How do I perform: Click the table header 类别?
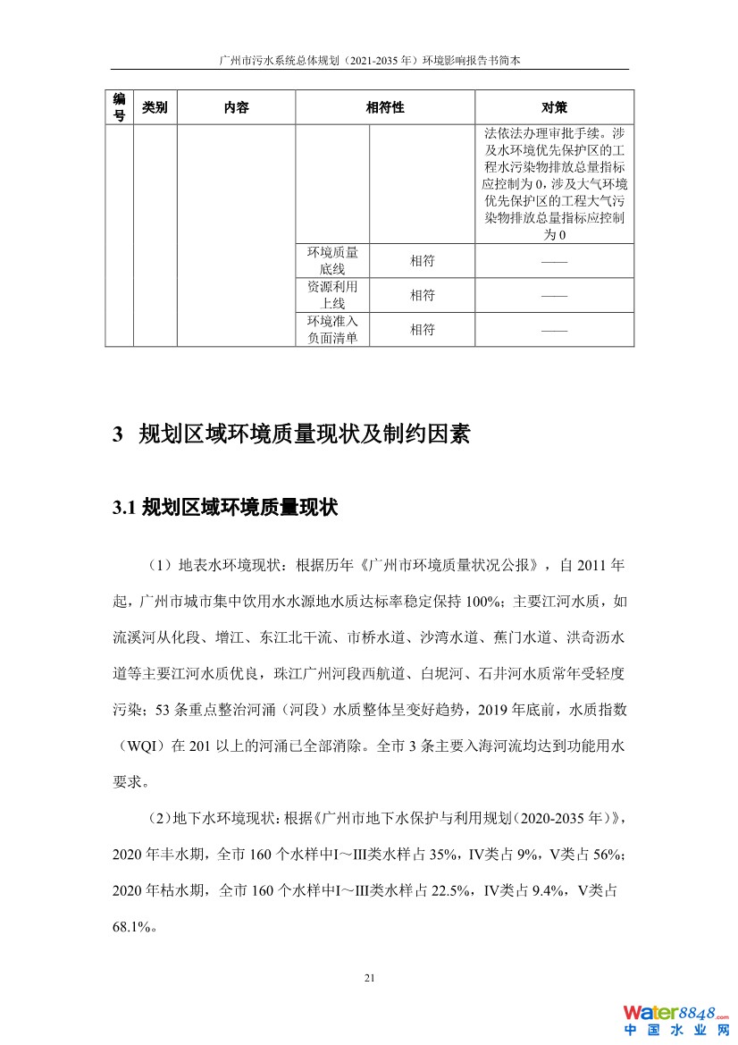(x=155, y=107)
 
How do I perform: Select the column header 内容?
(x=236, y=107)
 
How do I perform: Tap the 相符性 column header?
(x=385, y=107)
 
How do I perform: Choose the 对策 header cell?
(x=554, y=107)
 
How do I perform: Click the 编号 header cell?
(x=119, y=107)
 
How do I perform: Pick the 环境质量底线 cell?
(x=332, y=260)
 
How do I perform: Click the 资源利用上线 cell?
(x=332, y=295)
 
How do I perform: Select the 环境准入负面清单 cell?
(x=332, y=329)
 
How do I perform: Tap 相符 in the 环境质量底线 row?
(x=422, y=261)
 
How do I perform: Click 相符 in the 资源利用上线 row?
(x=422, y=295)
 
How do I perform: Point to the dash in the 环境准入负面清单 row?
(x=554, y=330)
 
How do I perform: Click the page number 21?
(x=369, y=977)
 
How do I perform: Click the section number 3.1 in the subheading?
(x=123, y=508)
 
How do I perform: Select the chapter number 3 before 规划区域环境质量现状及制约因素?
(x=117, y=435)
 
